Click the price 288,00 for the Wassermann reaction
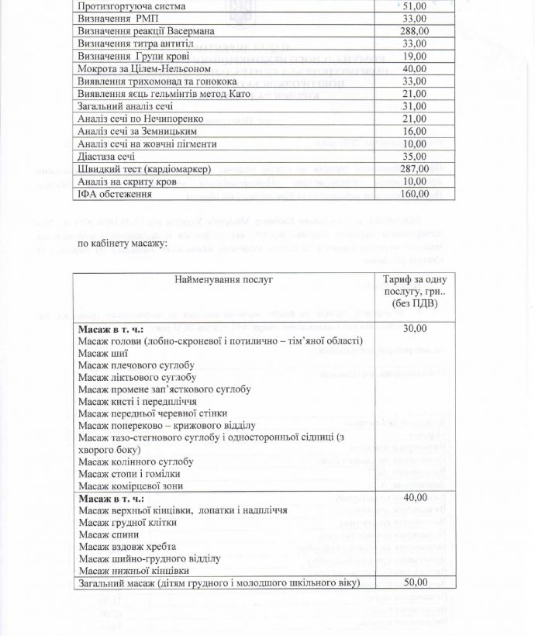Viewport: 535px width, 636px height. (x=415, y=31)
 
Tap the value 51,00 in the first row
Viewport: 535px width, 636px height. (x=415, y=6)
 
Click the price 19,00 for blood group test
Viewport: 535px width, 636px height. (x=415, y=56)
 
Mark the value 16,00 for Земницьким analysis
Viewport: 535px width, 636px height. (x=415, y=131)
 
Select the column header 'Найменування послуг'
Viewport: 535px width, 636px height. (x=223, y=279)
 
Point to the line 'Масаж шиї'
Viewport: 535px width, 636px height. (x=103, y=354)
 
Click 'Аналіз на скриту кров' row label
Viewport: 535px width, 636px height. (x=128, y=181)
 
